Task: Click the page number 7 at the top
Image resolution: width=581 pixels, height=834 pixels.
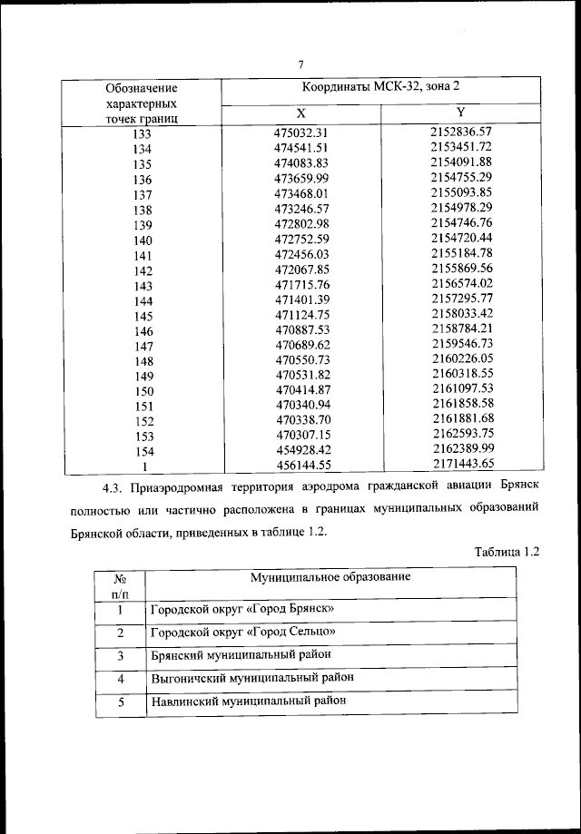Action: pyautogui.click(x=300, y=64)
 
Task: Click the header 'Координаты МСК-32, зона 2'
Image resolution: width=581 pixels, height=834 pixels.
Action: pyautogui.click(x=381, y=87)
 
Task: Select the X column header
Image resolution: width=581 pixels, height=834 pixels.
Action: pyautogui.click(x=300, y=113)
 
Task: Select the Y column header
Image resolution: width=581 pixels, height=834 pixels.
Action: pyautogui.click(x=460, y=112)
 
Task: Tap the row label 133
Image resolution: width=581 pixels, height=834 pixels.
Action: pyautogui.click(x=142, y=133)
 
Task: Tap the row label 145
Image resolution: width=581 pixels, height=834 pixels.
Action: pyautogui.click(x=142, y=316)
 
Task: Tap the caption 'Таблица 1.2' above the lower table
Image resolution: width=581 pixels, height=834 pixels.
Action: pyautogui.click(x=507, y=551)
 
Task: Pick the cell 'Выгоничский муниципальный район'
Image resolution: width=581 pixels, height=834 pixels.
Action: pyautogui.click(x=251, y=677)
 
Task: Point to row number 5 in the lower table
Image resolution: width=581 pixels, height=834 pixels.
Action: pyautogui.click(x=120, y=702)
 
